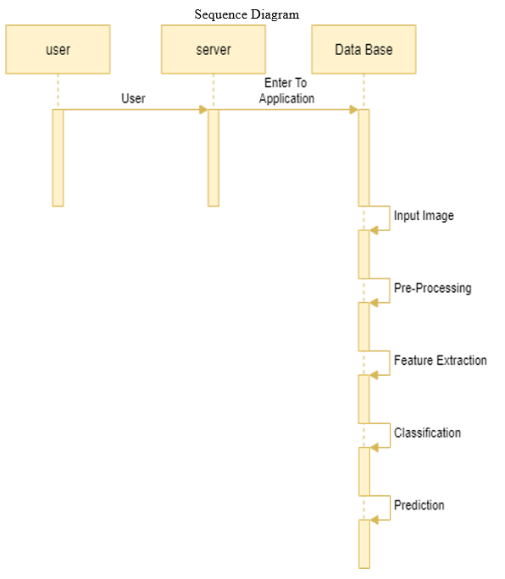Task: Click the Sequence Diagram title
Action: click(x=247, y=14)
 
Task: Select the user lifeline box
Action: click(x=58, y=49)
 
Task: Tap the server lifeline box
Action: click(x=214, y=49)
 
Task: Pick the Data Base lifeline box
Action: click(x=363, y=49)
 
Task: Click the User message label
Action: click(x=133, y=98)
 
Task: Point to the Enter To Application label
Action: click(x=286, y=91)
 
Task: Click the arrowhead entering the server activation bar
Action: click(x=203, y=110)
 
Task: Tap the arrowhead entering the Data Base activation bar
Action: click(x=354, y=110)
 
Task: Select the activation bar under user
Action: click(x=58, y=157)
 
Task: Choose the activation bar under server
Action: click(x=214, y=157)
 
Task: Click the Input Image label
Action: click(x=424, y=216)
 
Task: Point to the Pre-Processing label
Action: click(x=432, y=288)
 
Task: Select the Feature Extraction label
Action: click(x=441, y=361)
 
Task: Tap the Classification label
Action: click(x=427, y=433)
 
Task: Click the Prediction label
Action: click(x=419, y=505)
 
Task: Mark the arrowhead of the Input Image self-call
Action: click(x=375, y=230)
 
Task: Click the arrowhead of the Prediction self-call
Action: click(x=375, y=520)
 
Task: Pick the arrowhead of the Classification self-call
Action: click(x=375, y=448)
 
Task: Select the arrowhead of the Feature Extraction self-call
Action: click(x=375, y=375)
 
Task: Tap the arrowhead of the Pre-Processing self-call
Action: click(x=375, y=303)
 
